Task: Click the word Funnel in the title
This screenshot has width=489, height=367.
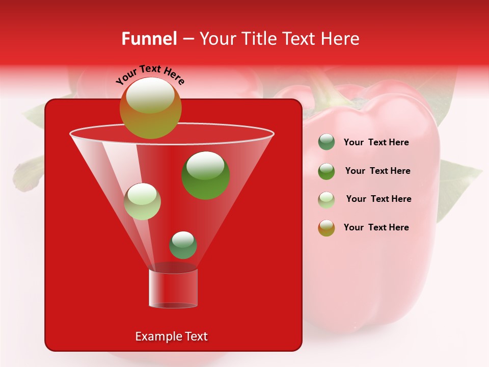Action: (x=149, y=39)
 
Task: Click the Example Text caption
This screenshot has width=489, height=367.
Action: (x=171, y=336)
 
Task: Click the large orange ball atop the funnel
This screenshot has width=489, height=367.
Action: (x=150, y=108)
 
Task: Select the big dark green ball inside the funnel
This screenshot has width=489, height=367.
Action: (x=205, y=175)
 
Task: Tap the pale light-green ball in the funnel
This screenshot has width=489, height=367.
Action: (x=142, y=201)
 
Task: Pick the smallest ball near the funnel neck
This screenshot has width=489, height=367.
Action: (x=183, y=245)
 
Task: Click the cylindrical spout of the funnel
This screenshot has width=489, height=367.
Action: (x=173, y=289)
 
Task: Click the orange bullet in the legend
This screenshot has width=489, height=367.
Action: (x=327, y=228)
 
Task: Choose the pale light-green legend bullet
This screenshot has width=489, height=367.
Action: (x=327, y=200)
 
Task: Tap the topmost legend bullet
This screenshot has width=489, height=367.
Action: (x=327, y=142)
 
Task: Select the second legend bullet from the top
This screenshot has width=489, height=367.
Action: (x=327, y=171)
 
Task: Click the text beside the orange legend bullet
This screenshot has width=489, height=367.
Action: (x=376, y=227)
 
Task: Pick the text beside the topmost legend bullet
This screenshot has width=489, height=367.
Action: (x=376, y=142)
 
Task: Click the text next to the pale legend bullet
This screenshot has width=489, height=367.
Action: (x=378, y=199)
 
